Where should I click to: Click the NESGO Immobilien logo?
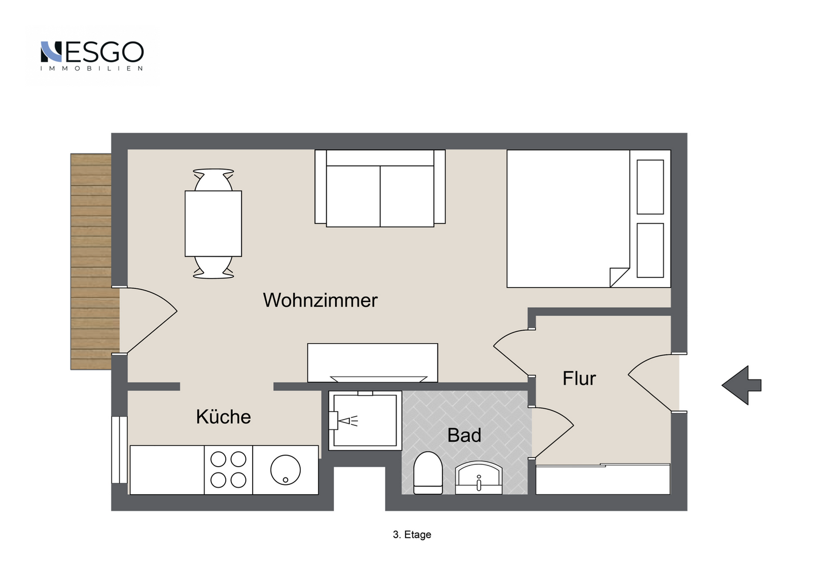tap(92, 55)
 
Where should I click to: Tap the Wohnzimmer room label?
tap(320, 300)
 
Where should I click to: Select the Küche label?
tap(223, 417)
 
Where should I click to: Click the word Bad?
tap(464, 435)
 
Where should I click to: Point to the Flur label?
tap(579, 378)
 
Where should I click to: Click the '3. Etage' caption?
tap(412, 534)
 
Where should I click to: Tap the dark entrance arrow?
tap(742, 385)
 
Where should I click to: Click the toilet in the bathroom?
tap(427, 473)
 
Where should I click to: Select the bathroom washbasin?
tap(478, 478)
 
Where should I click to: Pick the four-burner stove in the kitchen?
tap(228, 469)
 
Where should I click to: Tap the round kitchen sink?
tap(285, 469)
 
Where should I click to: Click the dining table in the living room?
tap(213, 224)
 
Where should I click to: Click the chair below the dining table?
tap(213, 268)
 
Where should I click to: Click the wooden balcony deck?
tap(92, 261)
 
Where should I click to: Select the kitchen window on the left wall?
tap(119, 449)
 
